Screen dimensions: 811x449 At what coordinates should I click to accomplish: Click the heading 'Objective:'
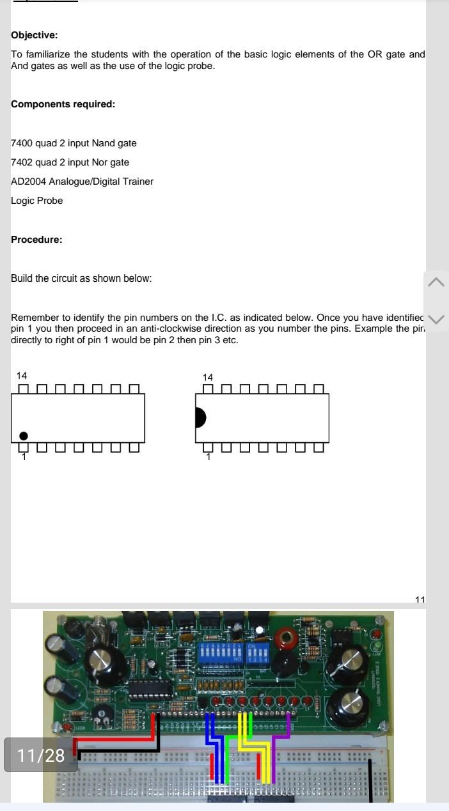coord(34,35)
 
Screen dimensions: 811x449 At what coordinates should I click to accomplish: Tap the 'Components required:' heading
coord(63,104)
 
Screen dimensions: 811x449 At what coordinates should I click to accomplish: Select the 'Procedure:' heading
coord(36,240)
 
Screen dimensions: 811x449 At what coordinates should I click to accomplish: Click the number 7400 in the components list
coord(22,143)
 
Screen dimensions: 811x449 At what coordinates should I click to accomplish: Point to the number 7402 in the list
coord(22,162)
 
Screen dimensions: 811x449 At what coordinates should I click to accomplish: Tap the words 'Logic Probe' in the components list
coord(36,201)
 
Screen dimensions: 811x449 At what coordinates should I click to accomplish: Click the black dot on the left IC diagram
coord(24,436)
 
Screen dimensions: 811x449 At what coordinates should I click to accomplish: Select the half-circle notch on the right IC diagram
coord(200,417)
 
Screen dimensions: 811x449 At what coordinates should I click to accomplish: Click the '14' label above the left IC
coord(22,376)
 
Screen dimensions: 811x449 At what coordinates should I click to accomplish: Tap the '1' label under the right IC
coord(208,457)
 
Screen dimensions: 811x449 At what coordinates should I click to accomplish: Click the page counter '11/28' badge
coord(41,755)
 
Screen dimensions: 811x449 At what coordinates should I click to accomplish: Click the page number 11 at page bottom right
coord(420,599)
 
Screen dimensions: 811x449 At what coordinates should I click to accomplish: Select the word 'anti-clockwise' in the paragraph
coord(173,328)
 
